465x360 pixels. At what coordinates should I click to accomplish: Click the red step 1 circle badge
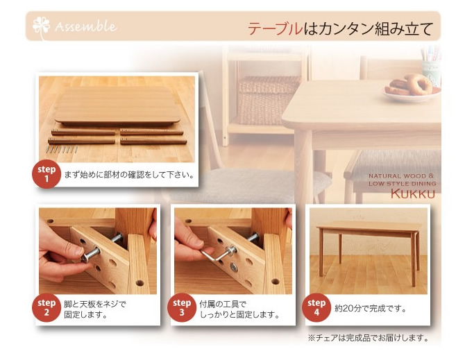(46, 174)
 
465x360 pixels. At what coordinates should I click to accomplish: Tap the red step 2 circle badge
(46, 307)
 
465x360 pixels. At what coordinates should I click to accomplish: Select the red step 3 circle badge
(182, 307)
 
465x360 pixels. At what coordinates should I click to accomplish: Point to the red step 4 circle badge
(316, 307)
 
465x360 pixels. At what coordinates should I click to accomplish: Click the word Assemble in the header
(85, 26)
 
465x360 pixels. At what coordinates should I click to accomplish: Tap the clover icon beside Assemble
(41, 28)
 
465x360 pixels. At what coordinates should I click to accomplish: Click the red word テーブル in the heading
(275, 28)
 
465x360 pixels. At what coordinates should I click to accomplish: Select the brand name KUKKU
(413, 194)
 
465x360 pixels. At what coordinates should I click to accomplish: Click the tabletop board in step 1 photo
(117, 105)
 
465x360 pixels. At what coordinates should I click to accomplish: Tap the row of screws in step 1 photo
(62, 149)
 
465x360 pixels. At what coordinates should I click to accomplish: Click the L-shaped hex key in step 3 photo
(215, 255)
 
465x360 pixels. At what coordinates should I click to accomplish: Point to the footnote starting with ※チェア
(368, 338)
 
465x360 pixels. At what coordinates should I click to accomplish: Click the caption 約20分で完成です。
(371, 309)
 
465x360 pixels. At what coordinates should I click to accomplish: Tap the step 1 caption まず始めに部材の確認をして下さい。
(129, 175)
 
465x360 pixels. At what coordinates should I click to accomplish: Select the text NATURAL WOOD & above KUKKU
(401, 176)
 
